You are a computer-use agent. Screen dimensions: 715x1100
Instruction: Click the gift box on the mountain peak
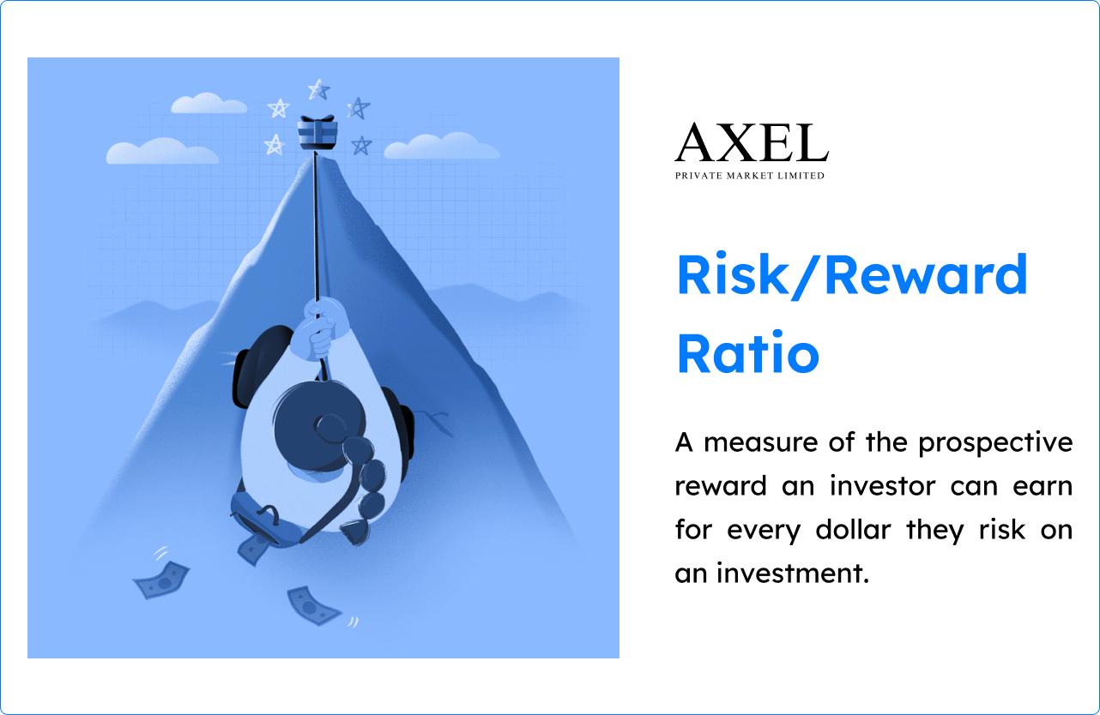pos(317,132)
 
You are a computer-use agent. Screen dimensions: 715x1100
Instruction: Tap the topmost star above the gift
pos(318,89)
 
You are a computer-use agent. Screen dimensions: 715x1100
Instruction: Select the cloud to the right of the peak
pos(441,147)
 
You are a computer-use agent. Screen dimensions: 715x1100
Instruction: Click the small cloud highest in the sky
pos(209,104)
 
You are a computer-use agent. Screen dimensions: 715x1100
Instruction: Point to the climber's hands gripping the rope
pos(317,329)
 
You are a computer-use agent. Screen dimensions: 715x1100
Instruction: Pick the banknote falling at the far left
pos(161,580)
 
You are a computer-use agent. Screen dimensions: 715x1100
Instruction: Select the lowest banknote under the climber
pos(314,605)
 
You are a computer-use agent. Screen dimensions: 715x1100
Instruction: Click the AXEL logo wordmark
pos(751,144)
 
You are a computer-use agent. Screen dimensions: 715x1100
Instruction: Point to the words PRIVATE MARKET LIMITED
pos(749,176)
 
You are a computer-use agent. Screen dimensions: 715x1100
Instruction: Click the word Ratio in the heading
pos(747,353)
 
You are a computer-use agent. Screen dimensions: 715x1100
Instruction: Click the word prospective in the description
pos(995,442)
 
